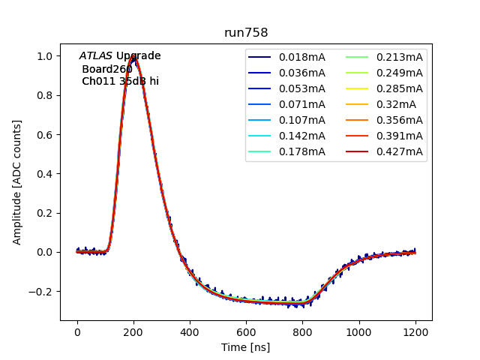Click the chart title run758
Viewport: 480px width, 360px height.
pyautogui.click(x=246, y=33)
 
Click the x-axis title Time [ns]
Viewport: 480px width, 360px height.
pyautogui.click(x=245, y=347)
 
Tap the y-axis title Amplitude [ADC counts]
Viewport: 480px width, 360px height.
pyautogui.click(x=16, y=182)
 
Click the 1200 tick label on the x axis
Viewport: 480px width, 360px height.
pyautogui.click(x=415, y=331)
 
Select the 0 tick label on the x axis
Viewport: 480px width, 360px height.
pyautogui.click(x=77, y=331)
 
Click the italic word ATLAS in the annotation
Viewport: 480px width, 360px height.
pyautogui.click(x=96, y=56)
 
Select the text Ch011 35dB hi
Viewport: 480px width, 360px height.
pyautogui.click(x=120, y=81)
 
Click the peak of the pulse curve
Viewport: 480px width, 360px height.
pyautogui.click(x=134, y=57)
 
